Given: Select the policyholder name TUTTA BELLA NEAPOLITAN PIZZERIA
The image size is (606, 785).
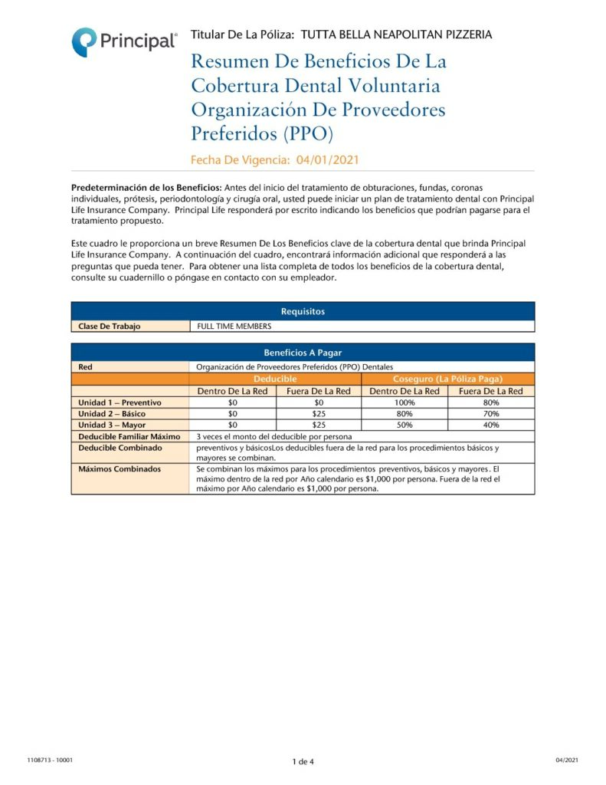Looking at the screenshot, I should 397,34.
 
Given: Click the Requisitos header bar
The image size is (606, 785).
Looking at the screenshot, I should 303,311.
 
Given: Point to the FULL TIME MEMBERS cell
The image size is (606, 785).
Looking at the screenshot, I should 234,326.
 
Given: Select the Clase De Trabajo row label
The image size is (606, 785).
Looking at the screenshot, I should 110,326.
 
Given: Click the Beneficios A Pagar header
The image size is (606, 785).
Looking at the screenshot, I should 303,353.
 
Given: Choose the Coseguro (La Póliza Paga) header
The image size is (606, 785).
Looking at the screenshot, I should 447,379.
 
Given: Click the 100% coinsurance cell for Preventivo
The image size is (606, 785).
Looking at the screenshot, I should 404,402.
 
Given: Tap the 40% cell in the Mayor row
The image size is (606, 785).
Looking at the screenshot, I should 491,425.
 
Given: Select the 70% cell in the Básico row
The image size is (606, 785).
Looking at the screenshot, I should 491,414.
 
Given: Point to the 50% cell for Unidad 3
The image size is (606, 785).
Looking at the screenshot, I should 404,425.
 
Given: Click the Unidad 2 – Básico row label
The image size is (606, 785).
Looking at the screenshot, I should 112,414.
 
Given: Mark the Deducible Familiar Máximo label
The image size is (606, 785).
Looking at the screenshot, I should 129,436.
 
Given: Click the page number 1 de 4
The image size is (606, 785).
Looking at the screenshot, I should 303,761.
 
